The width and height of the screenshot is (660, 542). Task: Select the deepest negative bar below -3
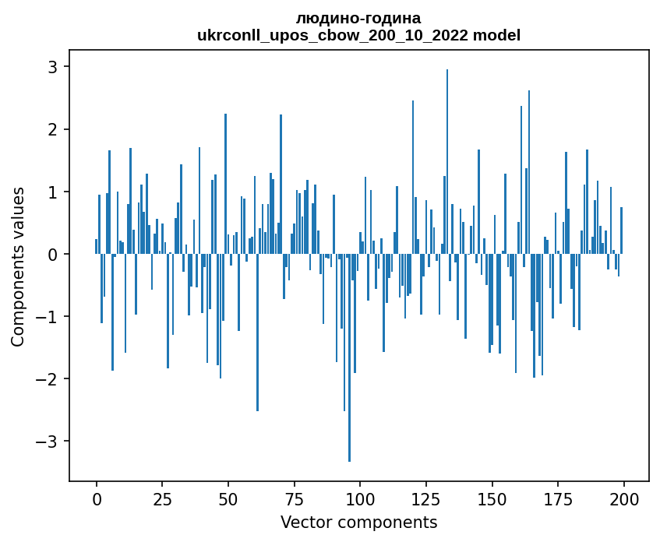tap(349, 357)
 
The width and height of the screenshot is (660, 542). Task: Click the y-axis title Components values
tap(18, 266)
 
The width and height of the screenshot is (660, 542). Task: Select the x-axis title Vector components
tap(359, 522)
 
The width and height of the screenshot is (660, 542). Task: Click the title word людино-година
tap(358, 18)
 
